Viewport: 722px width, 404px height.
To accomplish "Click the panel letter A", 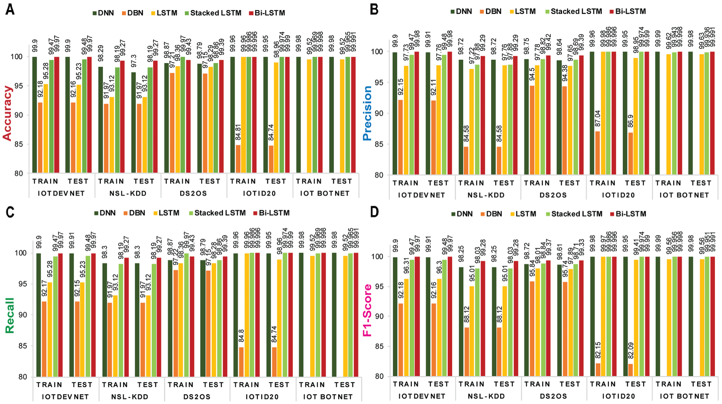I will (10, 9).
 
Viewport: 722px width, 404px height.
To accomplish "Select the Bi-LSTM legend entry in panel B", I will (627, 11).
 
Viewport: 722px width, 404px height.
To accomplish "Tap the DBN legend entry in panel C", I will (134, 213).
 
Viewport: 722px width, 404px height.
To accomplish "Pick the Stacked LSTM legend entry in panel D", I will (574, 214).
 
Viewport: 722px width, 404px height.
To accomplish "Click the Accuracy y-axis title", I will (7, 113).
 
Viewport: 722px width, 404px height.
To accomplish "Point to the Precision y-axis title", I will (367, 113).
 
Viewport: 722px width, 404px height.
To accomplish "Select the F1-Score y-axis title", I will (367, 310).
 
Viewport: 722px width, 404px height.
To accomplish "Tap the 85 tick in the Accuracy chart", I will (18, 144).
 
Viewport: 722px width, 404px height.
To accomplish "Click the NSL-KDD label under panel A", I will (128, 193).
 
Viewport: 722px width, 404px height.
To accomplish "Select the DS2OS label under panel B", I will (553, 195).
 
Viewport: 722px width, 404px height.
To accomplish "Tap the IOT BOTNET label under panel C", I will (328, 397).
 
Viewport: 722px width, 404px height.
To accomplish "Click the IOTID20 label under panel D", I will (619, 396).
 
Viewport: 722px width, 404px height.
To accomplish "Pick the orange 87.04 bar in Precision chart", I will (597, 153).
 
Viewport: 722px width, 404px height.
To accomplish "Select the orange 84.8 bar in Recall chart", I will (241, 362).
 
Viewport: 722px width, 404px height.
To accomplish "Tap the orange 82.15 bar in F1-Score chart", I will (598, 370).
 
